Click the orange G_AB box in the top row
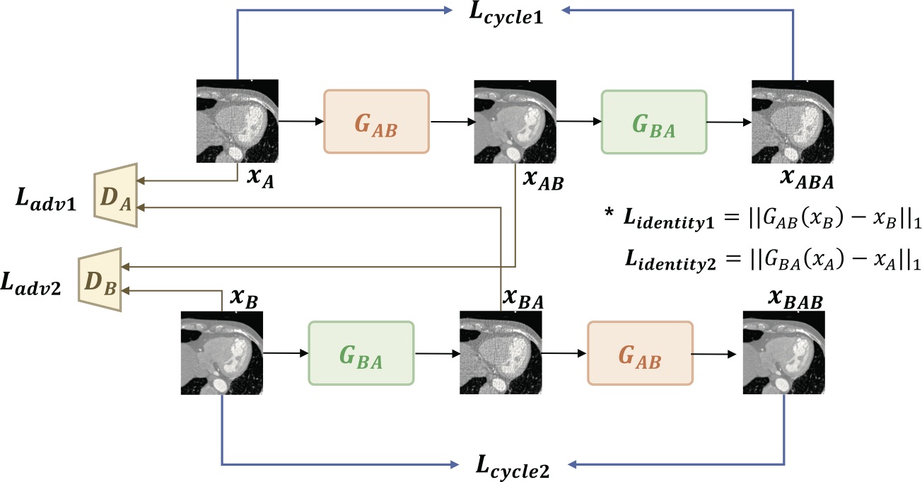coord(377,122)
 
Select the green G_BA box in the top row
coord(654,122)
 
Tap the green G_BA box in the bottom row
coord(361,353)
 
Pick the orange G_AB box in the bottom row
coord(640,353)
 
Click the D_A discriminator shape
coord(116,195)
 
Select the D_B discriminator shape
coord(100,280)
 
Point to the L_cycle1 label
coord(506,13)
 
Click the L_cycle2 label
coord(513,466)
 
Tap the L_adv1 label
coord(46,200)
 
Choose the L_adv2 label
coord(31,284)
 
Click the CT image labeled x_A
coord(238,121)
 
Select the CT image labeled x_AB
coord(515,122)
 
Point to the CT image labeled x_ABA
coord(793,122)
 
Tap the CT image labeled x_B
coord(222,353)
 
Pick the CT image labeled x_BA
coord(501,352)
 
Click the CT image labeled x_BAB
coord(783,352)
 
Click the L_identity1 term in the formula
coord(669,219)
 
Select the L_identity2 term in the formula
coord(670,260)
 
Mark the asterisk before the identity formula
coord(609,213)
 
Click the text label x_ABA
coord(807,179)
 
